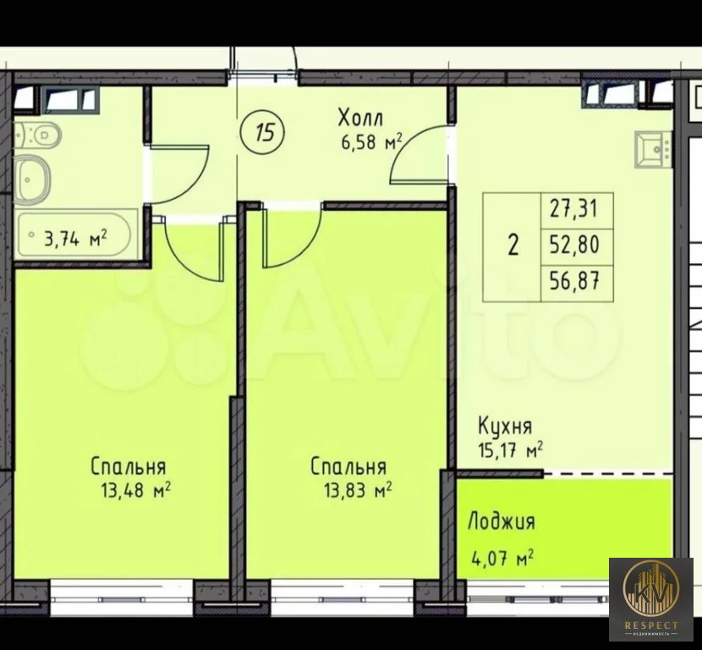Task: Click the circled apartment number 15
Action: click(x=263, y=131)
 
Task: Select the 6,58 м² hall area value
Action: click(x=370, y=142)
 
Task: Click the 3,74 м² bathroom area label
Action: click(x=74, y=239)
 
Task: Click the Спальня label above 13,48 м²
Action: click(x=128, y=466)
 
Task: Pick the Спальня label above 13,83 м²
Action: click(x=348, y=466)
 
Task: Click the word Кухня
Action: click(x=505, y=426)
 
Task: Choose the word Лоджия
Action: click(x=501, y=521)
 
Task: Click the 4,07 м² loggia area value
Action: click(x=501, y=559)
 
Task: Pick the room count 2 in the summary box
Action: click(x=513, y=246)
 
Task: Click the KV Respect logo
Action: click(x=651, y=598)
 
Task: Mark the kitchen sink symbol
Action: click(x=653, y=150)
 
